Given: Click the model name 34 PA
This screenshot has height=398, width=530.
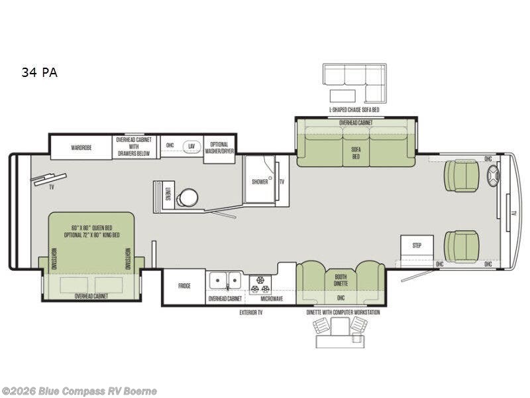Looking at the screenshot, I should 39,73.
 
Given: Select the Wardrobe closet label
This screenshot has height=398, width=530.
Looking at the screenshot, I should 81,147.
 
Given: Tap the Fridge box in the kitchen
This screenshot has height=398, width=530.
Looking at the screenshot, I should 184,287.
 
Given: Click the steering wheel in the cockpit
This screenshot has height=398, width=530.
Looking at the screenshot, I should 494,176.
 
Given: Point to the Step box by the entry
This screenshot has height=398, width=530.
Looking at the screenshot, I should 417,245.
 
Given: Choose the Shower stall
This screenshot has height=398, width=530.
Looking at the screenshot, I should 260,180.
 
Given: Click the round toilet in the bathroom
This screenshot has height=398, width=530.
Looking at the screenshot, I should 188,198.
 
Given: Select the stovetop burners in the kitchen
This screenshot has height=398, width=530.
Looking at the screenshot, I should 259,283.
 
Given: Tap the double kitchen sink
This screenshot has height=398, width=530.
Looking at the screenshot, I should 226,281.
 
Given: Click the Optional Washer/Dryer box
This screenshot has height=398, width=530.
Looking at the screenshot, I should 219,147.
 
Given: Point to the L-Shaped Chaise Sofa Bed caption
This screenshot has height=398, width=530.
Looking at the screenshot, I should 354,109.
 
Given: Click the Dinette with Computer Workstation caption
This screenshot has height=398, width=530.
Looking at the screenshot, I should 343,312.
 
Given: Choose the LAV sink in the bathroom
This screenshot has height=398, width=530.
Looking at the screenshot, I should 191,146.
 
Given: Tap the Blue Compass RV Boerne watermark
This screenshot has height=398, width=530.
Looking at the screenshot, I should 79,391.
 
